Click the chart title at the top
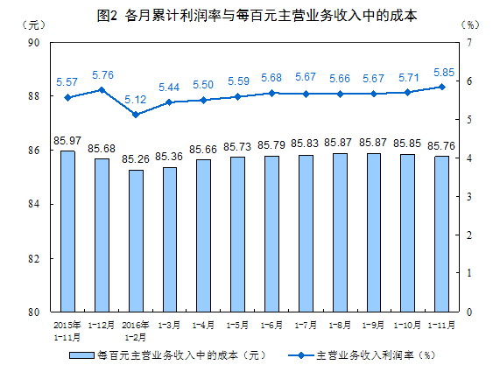coord(246,15)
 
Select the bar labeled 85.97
coord(67,231)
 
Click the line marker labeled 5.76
coord(102,89)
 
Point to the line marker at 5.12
coord(135,115)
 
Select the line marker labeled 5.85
coord(441,87)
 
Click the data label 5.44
coord(170,87)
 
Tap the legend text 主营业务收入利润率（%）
coord(376,356)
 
